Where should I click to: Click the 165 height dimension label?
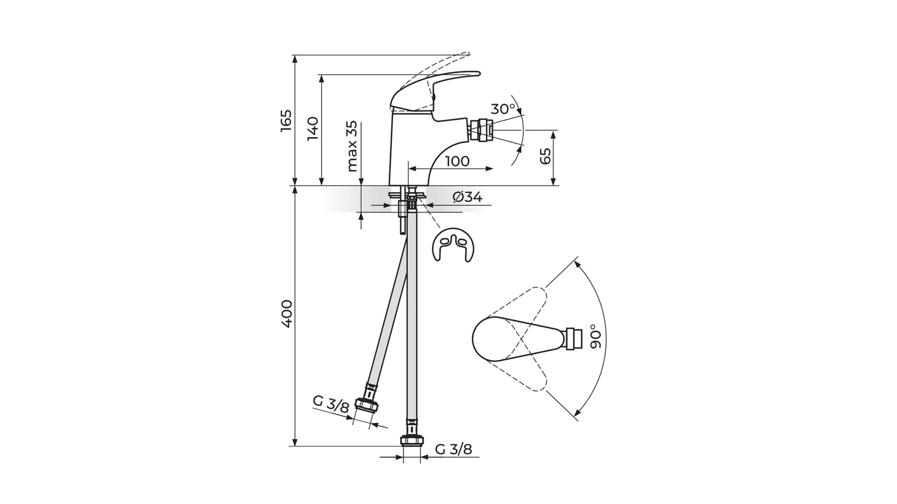[286, 120]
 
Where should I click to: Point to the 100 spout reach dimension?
[457, 161]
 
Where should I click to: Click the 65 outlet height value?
[545, 156]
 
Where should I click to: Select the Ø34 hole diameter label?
[468, 197]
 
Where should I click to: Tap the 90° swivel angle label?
[596, 336]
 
